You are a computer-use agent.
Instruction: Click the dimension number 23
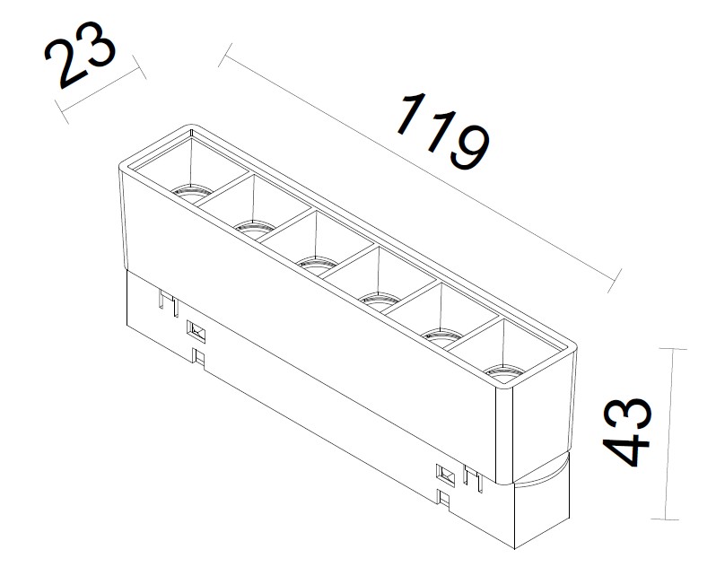click(x=80, y=55)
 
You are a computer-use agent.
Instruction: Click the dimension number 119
click(x=443, y=131)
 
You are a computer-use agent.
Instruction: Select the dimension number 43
click(x=627, y=432)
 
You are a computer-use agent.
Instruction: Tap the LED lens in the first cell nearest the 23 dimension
click(x=192, y=193)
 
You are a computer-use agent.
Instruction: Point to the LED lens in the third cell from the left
click(x=317, y=266)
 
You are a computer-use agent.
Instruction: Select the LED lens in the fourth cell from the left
click(x=380, y=301)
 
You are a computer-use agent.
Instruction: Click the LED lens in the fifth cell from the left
click(x=442, y=338)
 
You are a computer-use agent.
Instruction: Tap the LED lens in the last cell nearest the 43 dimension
click(x=504, y=374)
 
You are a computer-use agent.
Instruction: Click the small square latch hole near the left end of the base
click(x=196, y=331)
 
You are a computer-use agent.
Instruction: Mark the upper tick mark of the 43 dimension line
click(x=673, y=349)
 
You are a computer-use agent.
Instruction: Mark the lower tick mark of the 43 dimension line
click(x=665, y=519)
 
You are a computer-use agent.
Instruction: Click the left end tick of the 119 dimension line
click(x=225, y=56)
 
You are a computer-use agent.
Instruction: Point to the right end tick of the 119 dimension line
click(x=615, y=280)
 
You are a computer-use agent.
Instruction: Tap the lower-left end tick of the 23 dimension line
click(x=61, y=112)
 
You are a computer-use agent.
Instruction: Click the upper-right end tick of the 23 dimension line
click(x=139, y=67)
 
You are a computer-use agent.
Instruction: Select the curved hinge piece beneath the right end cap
click(x=541, y=472)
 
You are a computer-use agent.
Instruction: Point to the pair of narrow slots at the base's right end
click(x=473, y=478)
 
